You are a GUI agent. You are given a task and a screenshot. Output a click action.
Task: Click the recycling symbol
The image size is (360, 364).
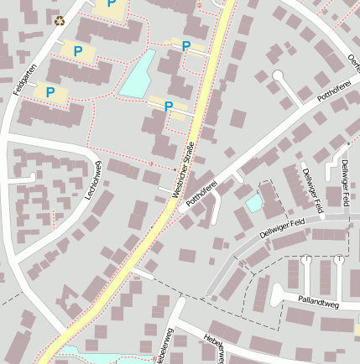click(60, 21)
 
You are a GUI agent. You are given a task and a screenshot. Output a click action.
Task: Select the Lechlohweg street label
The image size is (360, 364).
click(92, 178)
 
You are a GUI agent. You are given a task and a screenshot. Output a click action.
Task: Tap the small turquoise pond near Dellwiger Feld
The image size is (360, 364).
click(253, 202)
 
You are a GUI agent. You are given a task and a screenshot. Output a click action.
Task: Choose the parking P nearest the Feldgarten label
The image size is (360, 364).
click(50, 92)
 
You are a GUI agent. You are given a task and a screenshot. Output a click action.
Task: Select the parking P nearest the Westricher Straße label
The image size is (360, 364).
click(169, 106)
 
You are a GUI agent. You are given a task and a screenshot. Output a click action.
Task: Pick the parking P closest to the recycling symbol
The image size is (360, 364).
click(78, 52)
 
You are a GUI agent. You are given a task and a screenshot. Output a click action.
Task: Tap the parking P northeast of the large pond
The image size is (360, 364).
click(186, 46)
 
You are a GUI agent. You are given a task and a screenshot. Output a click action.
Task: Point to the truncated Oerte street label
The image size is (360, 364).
click(352, 60)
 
